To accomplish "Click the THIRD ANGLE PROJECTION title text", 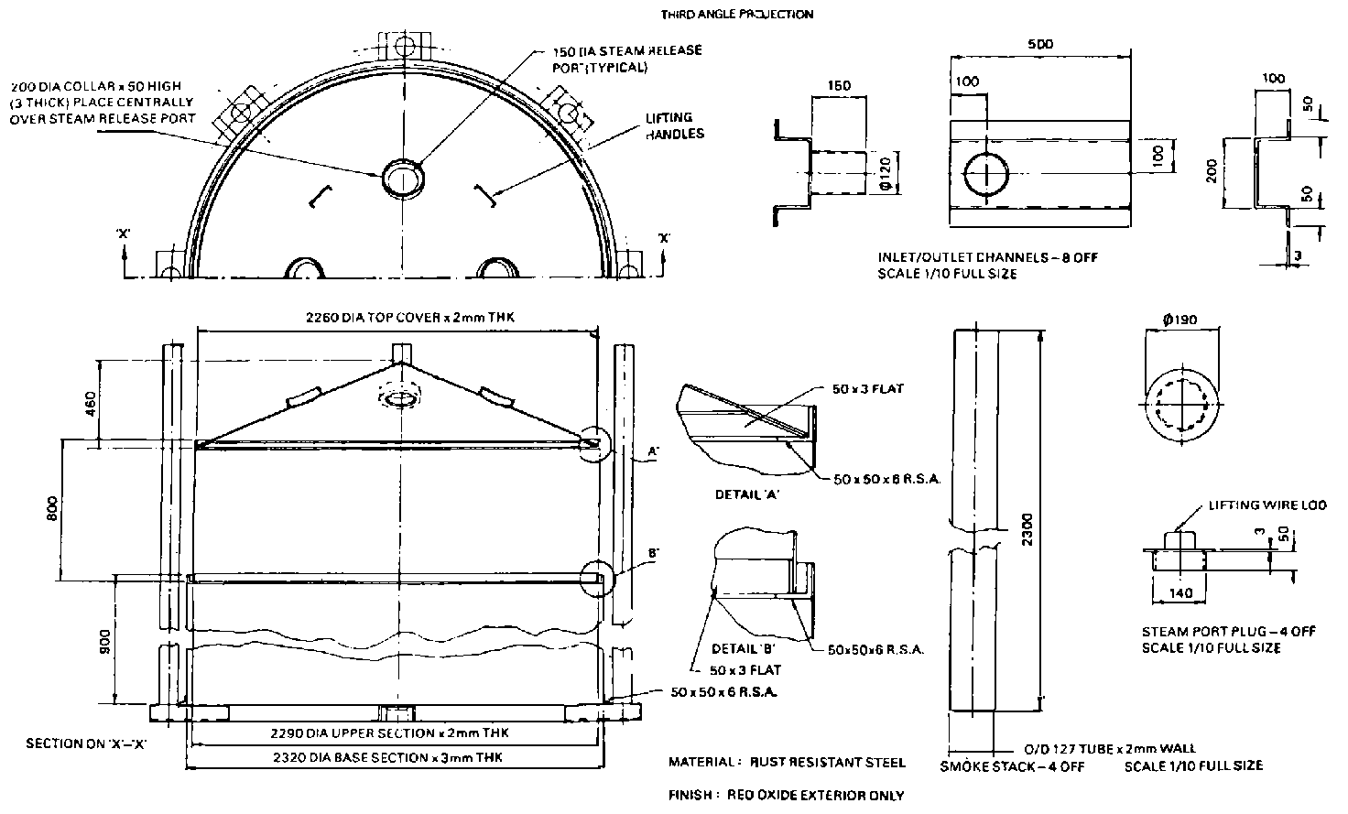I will point(736,14).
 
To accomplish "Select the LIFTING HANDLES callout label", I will point(675,125).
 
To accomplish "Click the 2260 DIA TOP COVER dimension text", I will point(411,318).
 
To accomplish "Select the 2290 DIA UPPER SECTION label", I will point(391,733).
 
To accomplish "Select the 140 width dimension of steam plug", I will point(1181,593).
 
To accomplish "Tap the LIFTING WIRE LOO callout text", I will point(1256,505).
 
